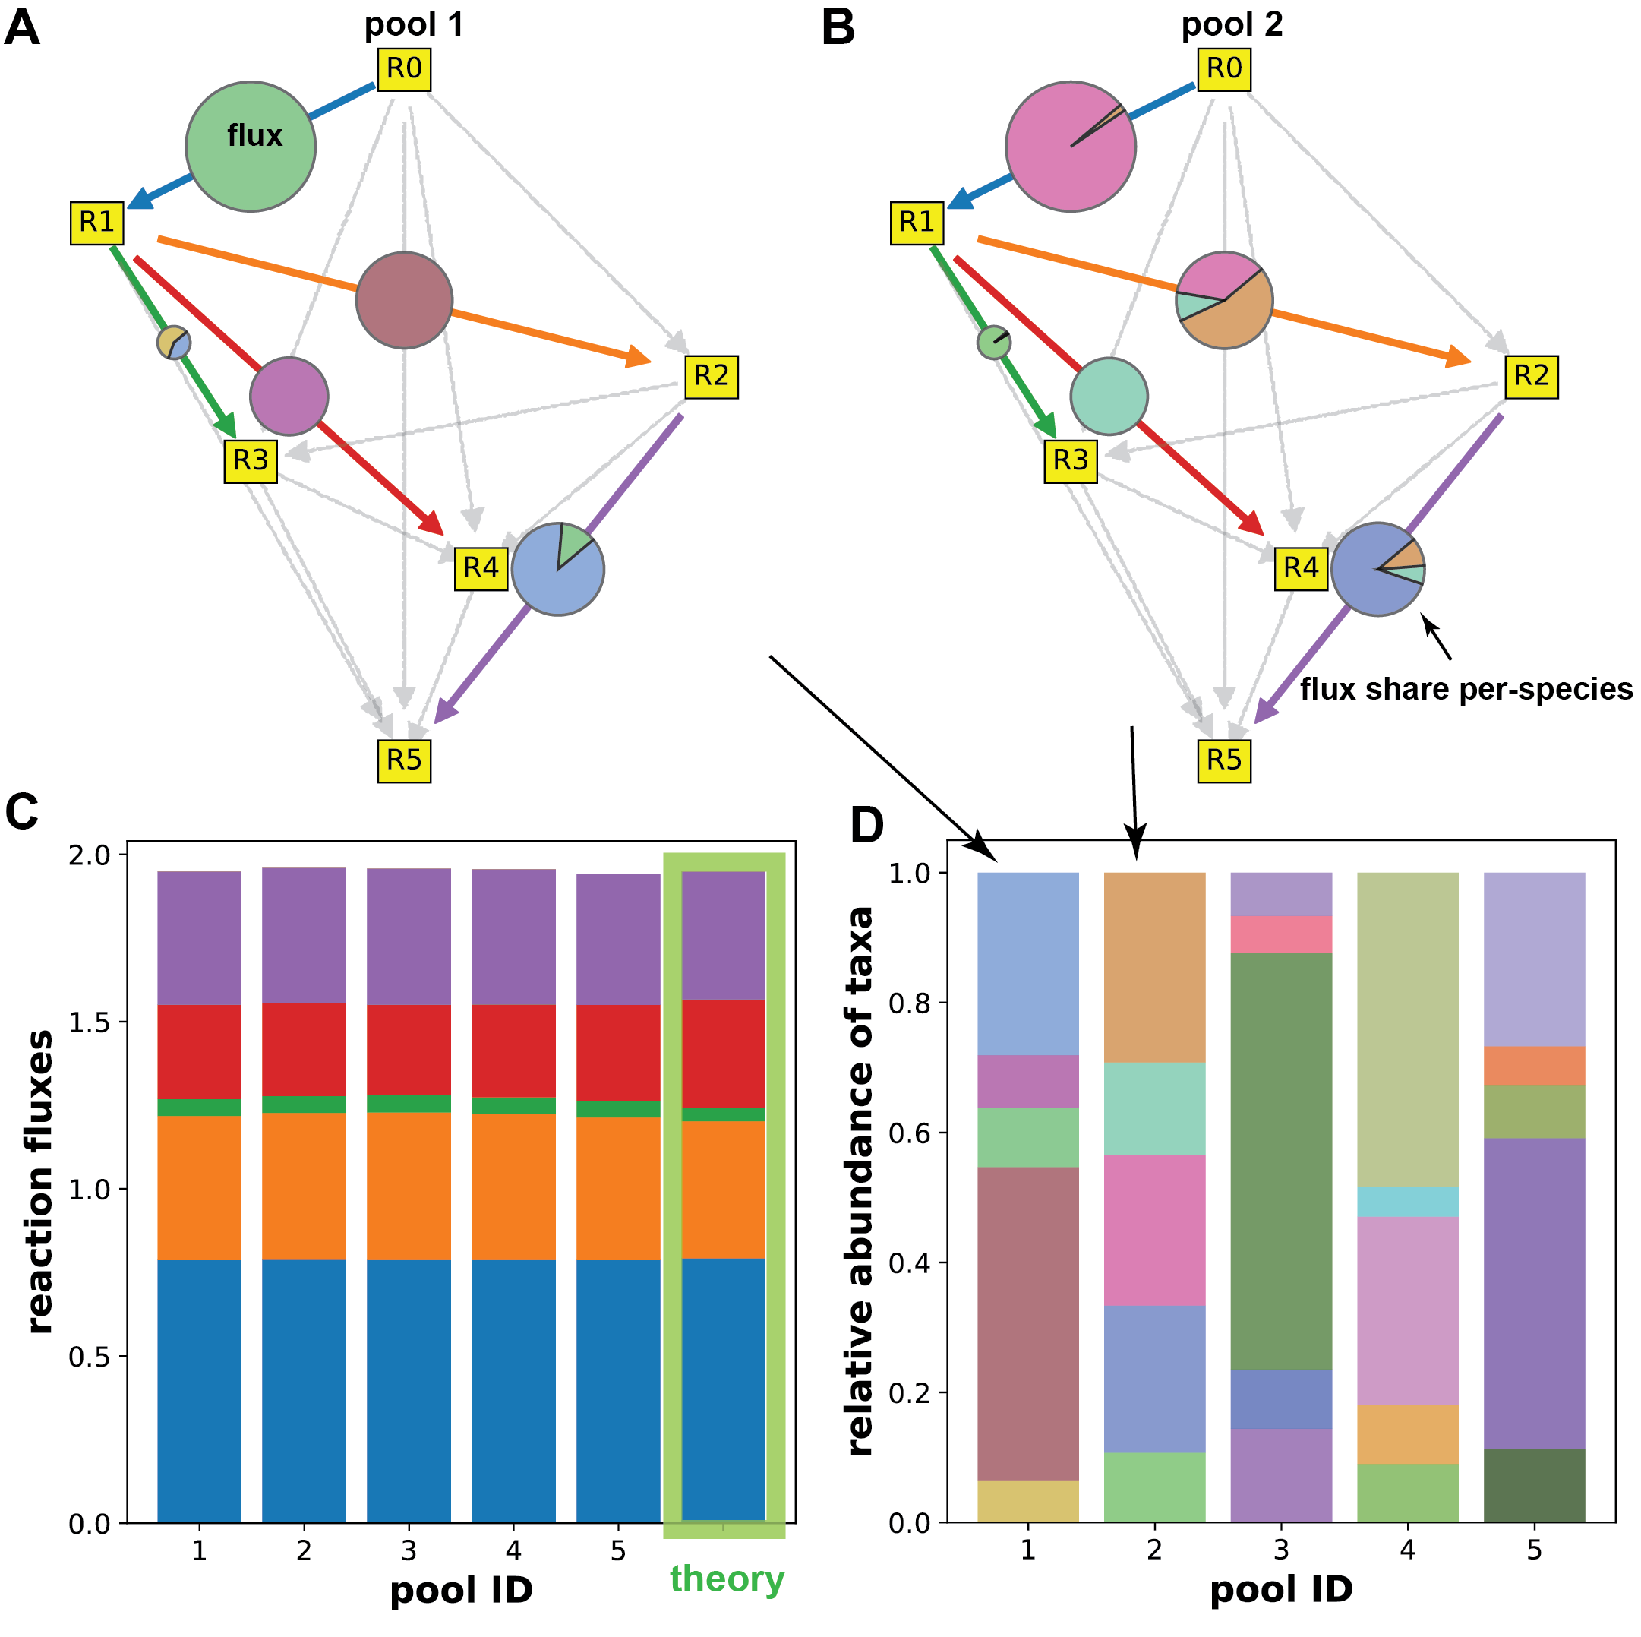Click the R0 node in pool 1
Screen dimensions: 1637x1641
pos(403,69)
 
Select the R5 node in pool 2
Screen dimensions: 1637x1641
pos(1223,760)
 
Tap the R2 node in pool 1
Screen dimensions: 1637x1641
pos(711,376)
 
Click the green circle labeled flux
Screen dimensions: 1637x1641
pos(251,146)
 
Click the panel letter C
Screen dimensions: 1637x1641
pos(22,812)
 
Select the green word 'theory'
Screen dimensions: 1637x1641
pos(727,1579)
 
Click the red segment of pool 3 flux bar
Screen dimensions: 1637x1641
pos(409,1050)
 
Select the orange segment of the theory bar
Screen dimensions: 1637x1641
pos(724,1190)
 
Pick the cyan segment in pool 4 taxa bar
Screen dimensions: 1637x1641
pos(1407,1202)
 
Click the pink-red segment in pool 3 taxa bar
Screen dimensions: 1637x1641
pos(1281,934)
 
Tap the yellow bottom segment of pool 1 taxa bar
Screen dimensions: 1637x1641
pos(1027,1501)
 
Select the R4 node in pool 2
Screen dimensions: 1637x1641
pos(1300,567)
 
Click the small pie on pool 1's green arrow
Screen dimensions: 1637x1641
pos(174,343)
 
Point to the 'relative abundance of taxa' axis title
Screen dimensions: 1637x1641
pos(860,1180)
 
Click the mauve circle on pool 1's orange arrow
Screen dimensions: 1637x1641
pos(404,300)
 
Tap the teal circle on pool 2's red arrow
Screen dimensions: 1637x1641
pos(1109,396)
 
